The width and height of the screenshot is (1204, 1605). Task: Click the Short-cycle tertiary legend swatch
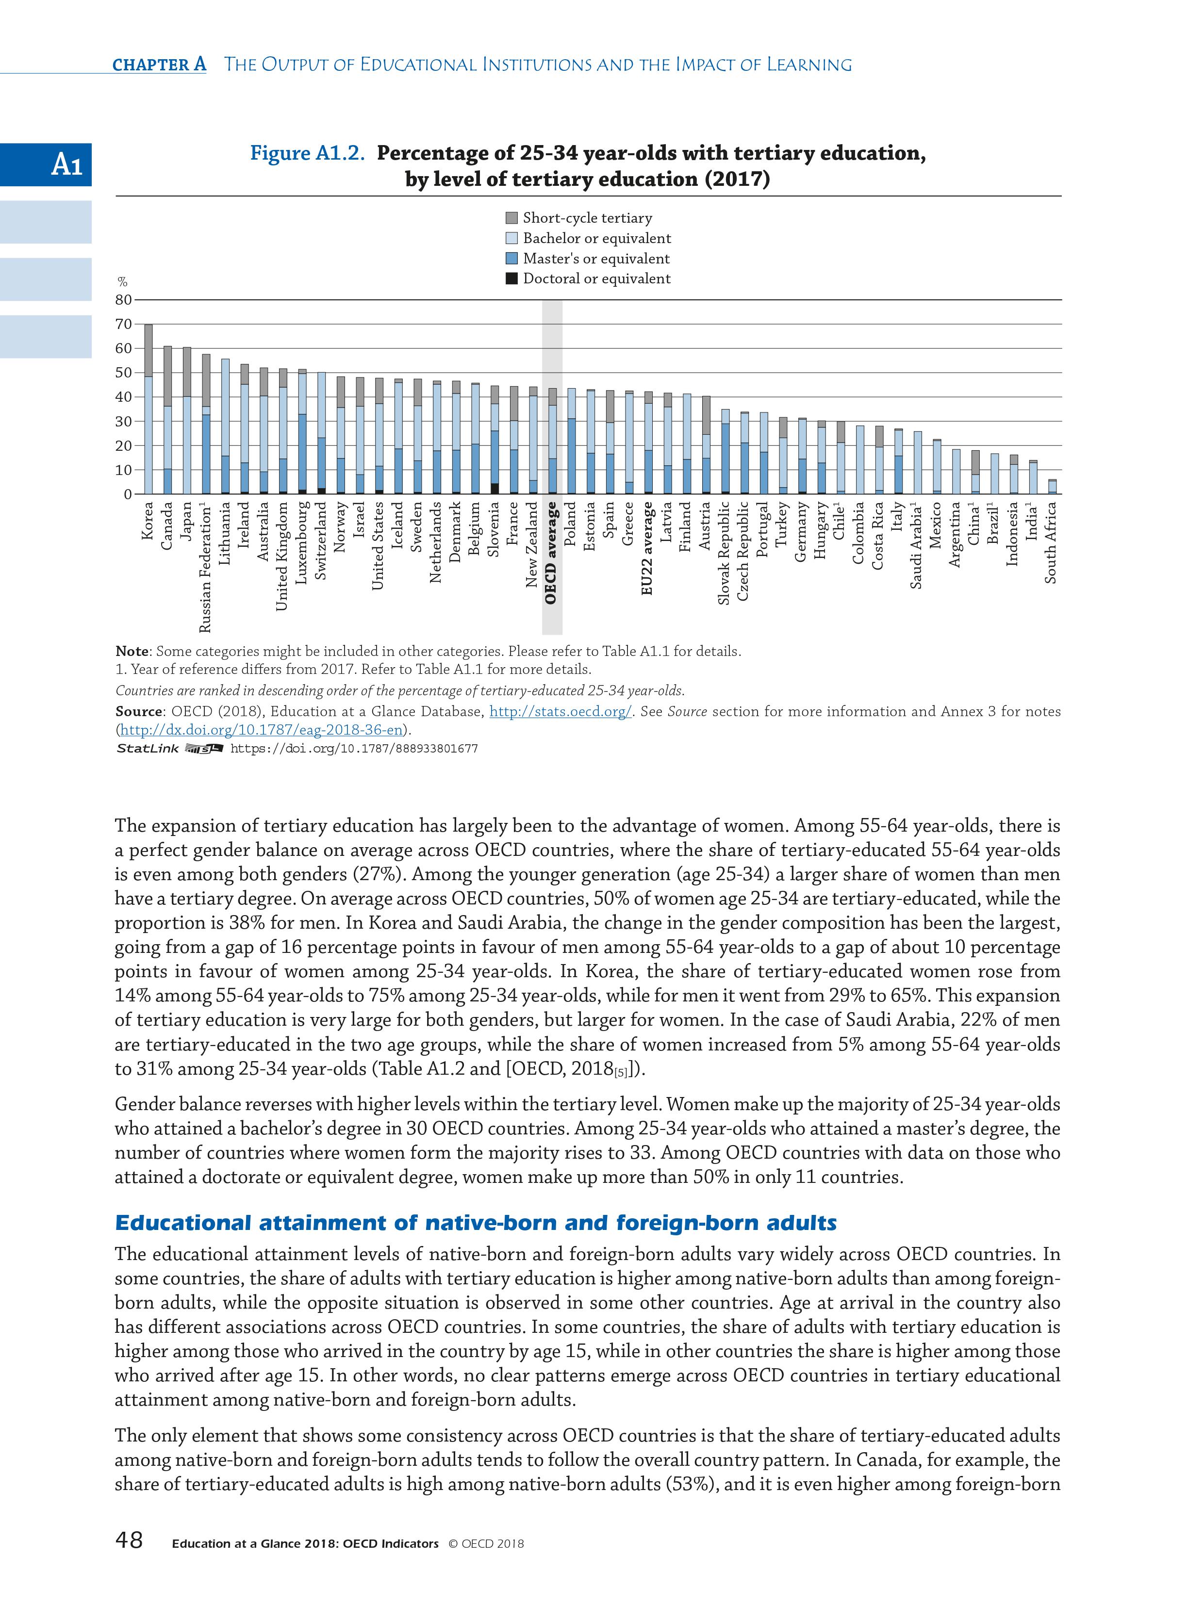pyautogui.click(x=511, y=218)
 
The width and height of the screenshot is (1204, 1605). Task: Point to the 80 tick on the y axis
pyautogui.click(x=124, y=300)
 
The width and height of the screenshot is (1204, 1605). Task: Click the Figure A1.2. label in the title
pyautogui.click(x=307, y=153)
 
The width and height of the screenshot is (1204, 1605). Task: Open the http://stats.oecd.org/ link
pyautogui.click(x=559, y=712)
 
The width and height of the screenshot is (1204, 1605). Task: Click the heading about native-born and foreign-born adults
pyautogui.click(x=476, y=1223)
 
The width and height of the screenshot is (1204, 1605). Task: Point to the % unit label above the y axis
pyautogui.click(x=123, y=282)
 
